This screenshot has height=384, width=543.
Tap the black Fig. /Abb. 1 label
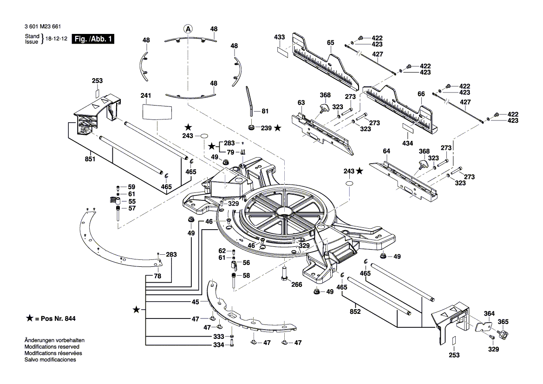[92, 40]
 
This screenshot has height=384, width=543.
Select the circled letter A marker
[188, 29]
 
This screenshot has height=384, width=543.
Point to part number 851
[90, 159]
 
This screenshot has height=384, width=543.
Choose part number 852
[355, 312]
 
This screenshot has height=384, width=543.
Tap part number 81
[265, 111]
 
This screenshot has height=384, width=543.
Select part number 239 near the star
[266, 128]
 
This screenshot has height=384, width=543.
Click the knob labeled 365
[503, 322]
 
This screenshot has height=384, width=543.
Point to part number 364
[489, 313]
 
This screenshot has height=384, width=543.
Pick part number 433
[279, 37]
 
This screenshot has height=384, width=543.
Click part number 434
[407, 143]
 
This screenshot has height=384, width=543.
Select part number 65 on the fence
[330, 43]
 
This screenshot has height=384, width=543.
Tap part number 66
[421, 94]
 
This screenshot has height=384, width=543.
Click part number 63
[301, 102]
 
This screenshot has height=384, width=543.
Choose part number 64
[386, 151]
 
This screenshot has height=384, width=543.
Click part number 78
[157, 276]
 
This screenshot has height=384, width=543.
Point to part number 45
[196, 302]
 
